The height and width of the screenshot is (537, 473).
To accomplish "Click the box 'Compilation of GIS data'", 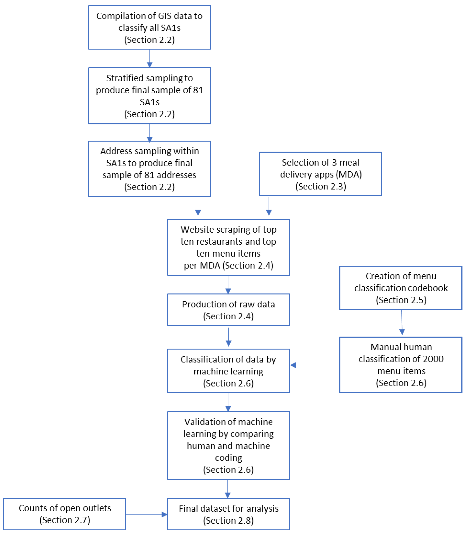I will (150, 27).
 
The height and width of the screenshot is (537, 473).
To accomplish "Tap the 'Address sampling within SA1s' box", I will (150, 169).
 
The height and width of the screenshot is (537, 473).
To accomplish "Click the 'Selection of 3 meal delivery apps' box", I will (320, 174).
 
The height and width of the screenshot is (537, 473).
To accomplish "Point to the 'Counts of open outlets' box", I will (65, 514).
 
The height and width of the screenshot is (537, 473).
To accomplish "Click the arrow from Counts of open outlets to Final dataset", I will (146, 514).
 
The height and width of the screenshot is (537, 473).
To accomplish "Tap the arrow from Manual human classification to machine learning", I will (315, 365).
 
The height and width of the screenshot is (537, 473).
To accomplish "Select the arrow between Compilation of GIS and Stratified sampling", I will (150, 58).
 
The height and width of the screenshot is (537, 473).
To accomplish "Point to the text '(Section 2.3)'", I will (321, 186).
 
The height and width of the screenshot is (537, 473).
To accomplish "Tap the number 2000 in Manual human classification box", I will (433, 359).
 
